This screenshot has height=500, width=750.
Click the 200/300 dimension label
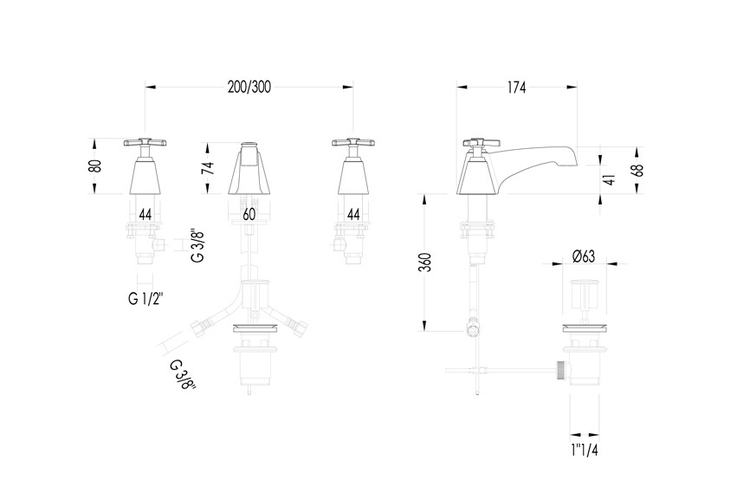click(x=249, y=87)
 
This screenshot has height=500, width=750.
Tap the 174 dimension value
click(x=516, y=88)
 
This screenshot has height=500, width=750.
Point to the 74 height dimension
click(x=209, y=168)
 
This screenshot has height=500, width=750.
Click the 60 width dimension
click(x=249, y=214)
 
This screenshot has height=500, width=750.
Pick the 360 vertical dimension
click(x=426, y=263)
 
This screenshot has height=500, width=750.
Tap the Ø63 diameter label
click(x=584, y=256)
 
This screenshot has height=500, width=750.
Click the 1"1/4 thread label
click(x=585, y=451)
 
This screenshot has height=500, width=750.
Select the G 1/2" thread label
click(x=145, y=299)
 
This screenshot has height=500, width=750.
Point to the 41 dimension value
click(x=609, y=179)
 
